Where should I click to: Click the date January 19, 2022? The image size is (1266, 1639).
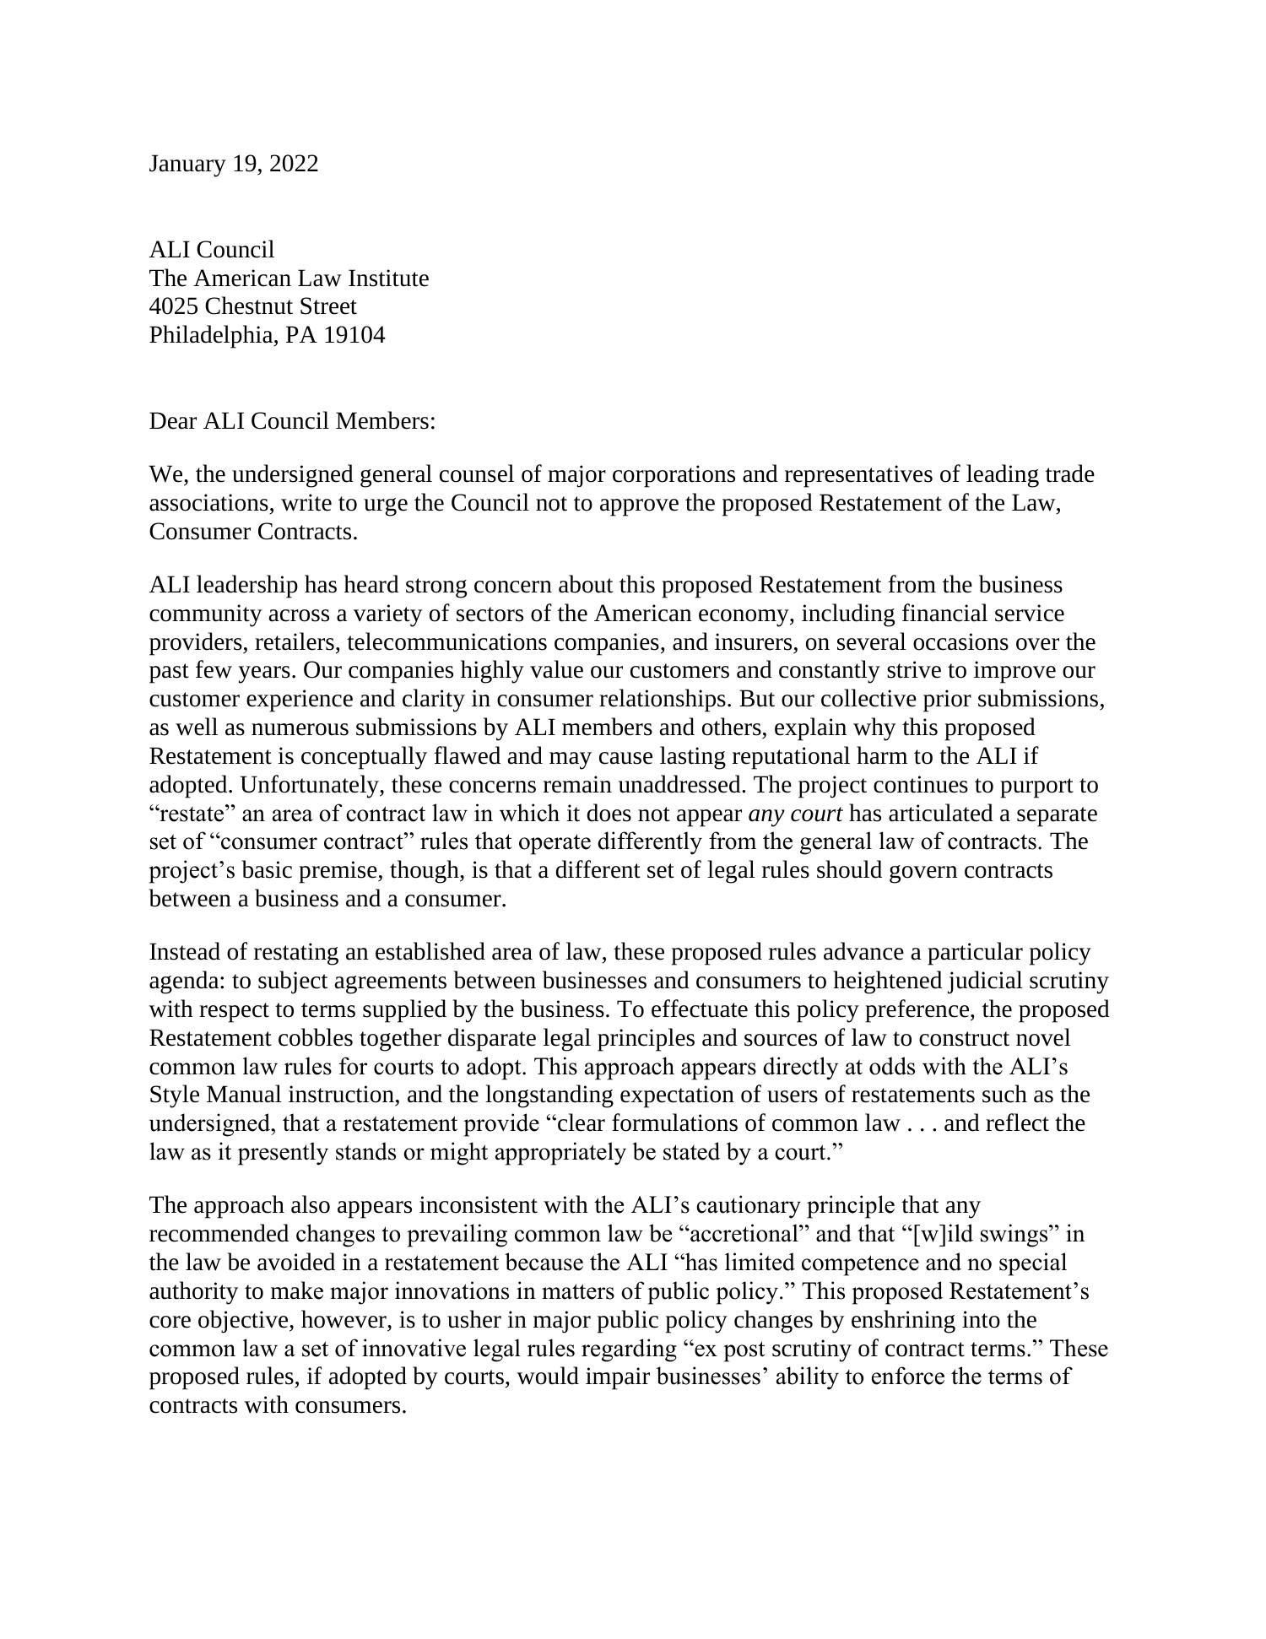point(234,164)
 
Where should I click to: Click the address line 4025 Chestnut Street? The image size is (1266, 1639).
point(252,306)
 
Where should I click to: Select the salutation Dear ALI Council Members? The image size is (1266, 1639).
point(292,421)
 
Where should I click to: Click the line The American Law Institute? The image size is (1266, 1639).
point(289,279)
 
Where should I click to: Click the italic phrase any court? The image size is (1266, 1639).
point(795,814)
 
